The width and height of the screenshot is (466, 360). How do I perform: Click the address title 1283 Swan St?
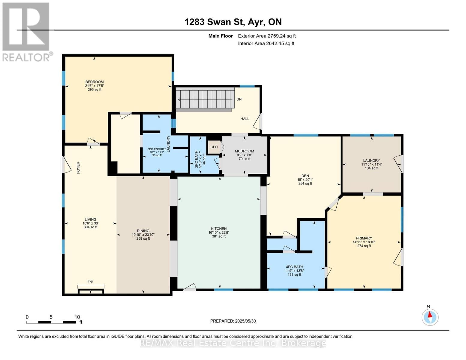[233, 22]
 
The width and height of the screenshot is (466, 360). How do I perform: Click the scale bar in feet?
[51, 322]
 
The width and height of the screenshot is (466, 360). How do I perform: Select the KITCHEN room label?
[219, 229]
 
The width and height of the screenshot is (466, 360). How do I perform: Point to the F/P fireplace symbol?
[91, 288]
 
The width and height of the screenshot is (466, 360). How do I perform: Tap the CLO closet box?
[214, 147]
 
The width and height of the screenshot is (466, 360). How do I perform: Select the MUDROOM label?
[245, 151]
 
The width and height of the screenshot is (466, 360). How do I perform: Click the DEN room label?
[305, 176]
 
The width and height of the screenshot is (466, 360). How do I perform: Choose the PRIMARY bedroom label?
[364, 238]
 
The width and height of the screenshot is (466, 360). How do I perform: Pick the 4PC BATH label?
[294, 267]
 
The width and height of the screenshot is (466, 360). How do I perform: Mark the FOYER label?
[78, 168]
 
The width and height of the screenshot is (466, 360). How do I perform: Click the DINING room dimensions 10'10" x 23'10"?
[143, 235]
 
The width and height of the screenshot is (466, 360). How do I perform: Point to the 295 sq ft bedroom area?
[95, 89]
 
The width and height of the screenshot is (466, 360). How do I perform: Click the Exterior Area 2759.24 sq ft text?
[267, 36]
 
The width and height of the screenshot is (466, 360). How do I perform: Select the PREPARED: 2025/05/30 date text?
[233, 321]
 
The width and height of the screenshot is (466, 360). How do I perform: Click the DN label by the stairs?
[239, 99]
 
